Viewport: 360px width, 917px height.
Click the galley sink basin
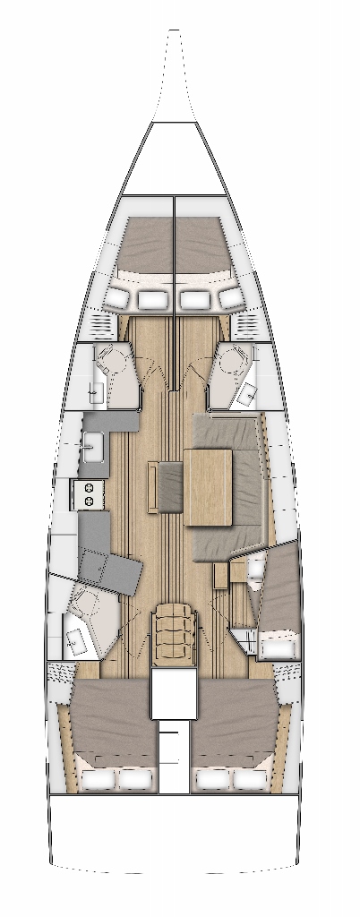(93, 442)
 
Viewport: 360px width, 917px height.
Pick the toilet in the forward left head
(114, 362)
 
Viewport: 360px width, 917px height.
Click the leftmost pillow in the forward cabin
(119, 296)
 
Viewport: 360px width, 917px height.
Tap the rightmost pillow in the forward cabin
(230, 296)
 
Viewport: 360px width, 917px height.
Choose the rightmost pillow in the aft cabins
(250, 780)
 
